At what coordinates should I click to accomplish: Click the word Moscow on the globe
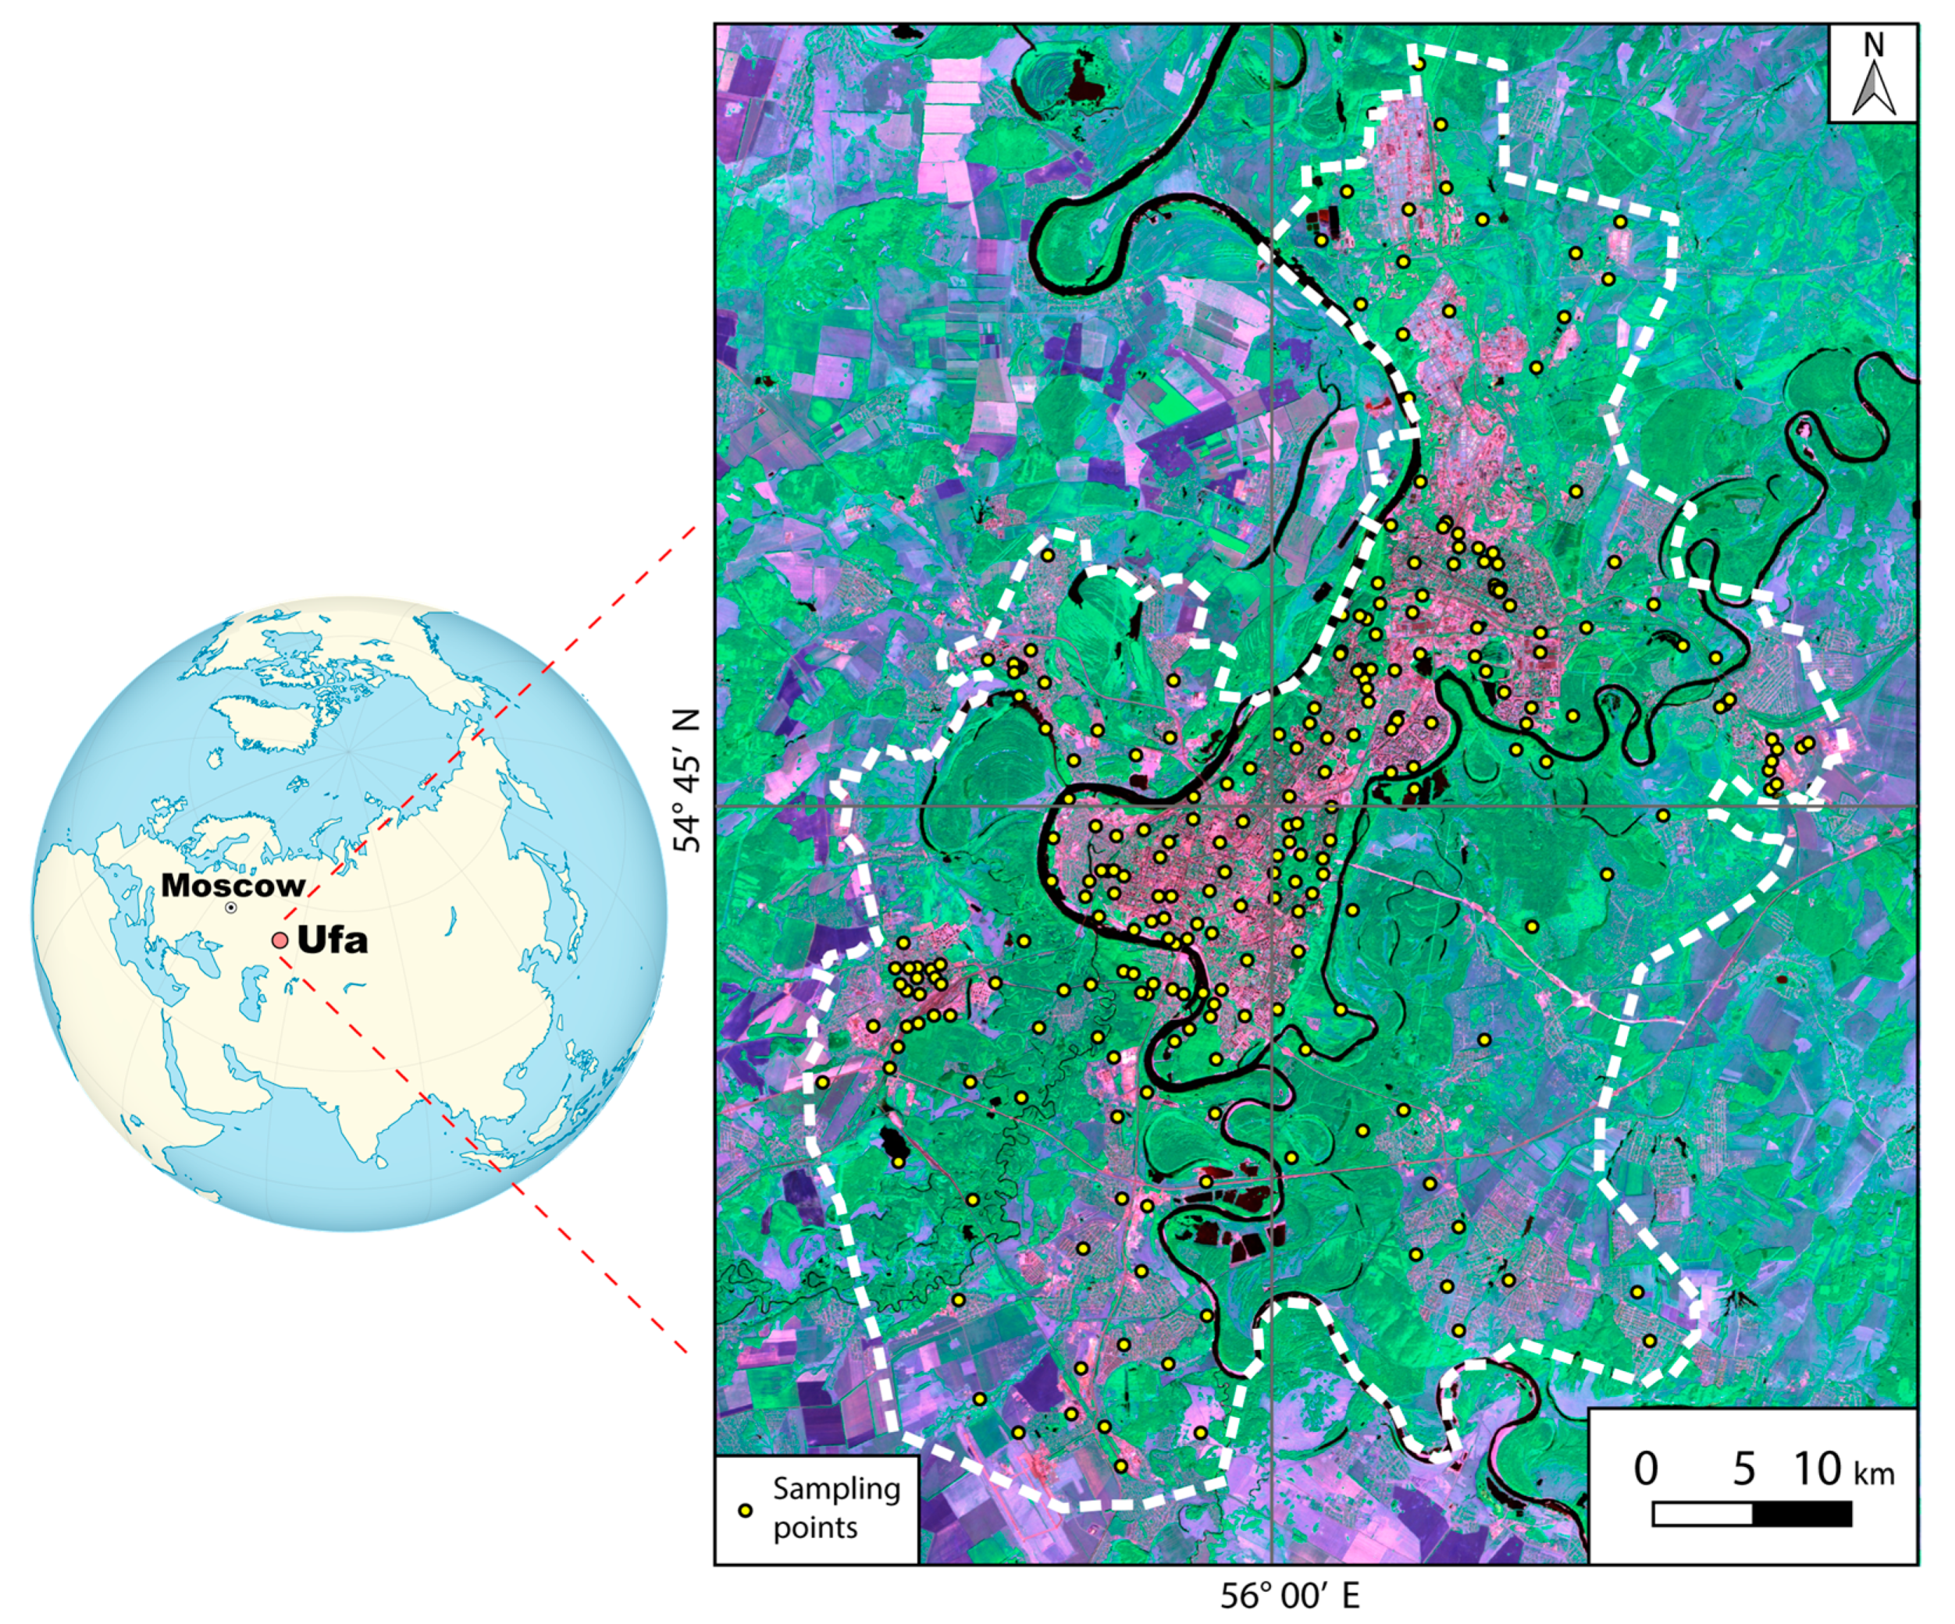[x=233, y=885]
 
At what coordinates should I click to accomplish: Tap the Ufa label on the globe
[x=333, y=941]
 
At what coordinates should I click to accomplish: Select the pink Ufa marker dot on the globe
[x=280, y=940]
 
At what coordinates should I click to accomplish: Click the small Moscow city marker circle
[x=230, y=907]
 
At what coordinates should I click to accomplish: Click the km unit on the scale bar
[x=1874, y=1474]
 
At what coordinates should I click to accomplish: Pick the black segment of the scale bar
[x=1801, y=1514]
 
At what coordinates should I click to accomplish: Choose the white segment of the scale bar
[x=1702, y=1514]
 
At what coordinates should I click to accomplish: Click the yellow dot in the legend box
[x=744, y=1512]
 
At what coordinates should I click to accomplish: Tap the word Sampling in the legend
[x=836, y=1490]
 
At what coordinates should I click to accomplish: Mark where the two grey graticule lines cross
[x=1272, y=806]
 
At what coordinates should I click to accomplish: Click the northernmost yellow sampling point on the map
[x=1419, y=64]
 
